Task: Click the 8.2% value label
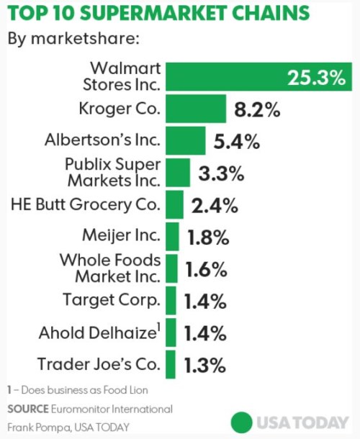tap(257, 111)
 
